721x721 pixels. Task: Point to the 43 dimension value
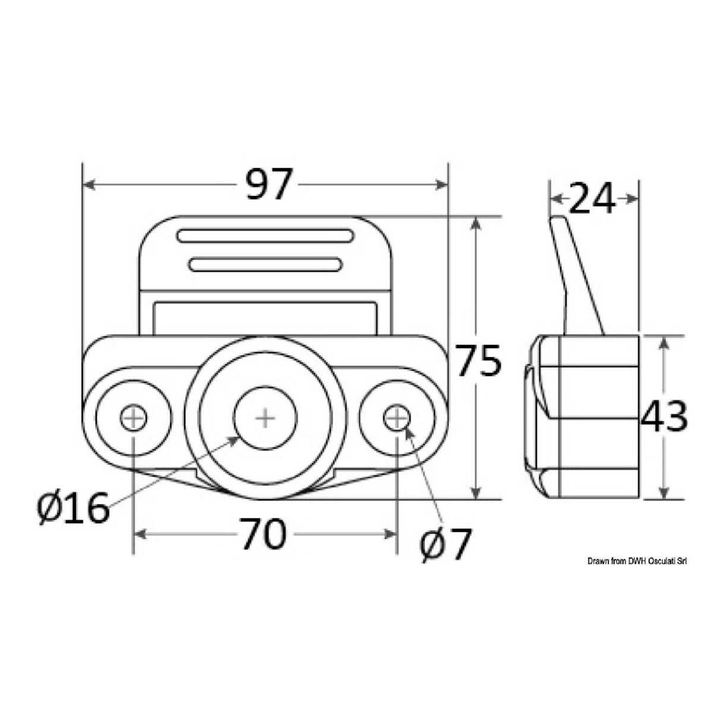[x=664, y=416]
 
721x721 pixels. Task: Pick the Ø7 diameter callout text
[x=445, y=545]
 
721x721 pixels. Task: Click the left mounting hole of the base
[x=134, y=419]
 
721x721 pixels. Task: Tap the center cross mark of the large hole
[x=264, y=419]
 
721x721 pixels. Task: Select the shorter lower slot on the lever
[x=265, y=264]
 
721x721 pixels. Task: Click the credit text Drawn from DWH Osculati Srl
[x=637, y=561]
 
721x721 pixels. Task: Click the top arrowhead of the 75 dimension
[x=475, y=222]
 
